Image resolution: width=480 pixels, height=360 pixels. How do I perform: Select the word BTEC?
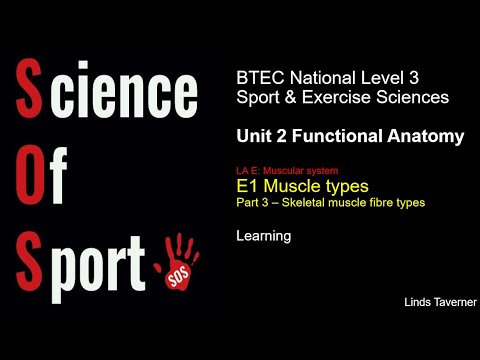tap(255, 77)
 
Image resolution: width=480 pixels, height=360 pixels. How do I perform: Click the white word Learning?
tap(263, 237)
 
